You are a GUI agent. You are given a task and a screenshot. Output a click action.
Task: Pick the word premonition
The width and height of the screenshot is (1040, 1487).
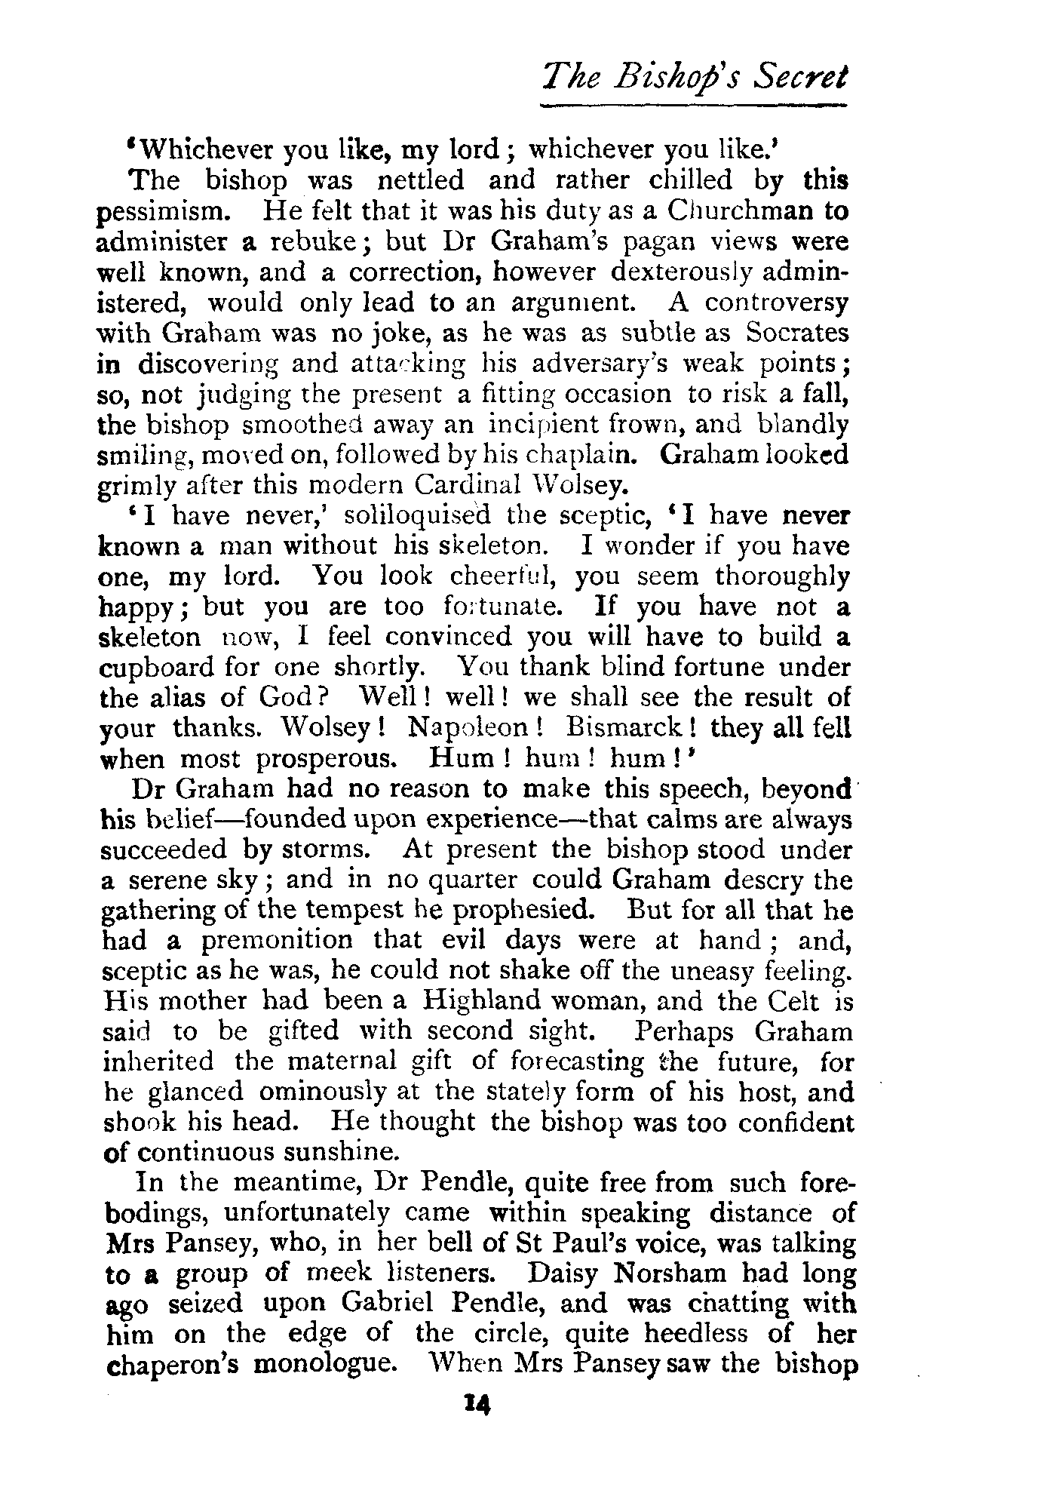(x=277, y=940)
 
